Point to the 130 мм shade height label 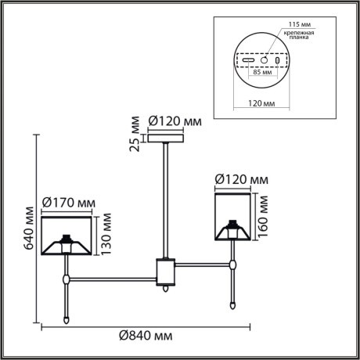coord(106,238)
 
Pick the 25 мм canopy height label coord(136,133)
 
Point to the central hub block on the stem coord(167,271)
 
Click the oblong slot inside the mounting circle coord(248,59)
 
